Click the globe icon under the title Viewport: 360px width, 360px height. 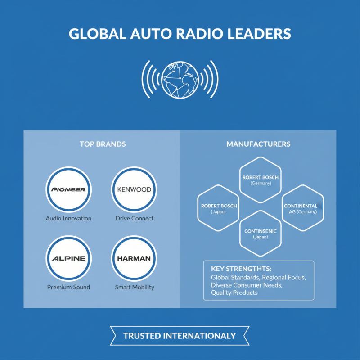[x=180, y=79]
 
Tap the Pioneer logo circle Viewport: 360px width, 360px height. [x=69, y=189]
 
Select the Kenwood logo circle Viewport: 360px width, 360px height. [x=134, y=189]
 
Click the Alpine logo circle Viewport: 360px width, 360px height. [x=69, y=258]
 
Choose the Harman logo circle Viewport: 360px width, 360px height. [x=134, y=258]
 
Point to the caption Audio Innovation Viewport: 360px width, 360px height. [x=68, y=218]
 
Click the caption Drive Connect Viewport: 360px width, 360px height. [x=134, y=218]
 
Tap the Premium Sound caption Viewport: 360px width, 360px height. [x=68, y=287]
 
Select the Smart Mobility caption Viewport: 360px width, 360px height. [x=134, y=287]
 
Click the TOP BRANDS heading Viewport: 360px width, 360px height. [x=103, y=144]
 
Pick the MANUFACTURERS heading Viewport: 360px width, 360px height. [x=258, y=144]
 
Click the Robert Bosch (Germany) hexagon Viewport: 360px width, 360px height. [x=260, y=180]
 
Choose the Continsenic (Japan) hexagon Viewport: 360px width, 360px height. [x=260, y=234]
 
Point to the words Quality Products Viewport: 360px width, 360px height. [x=234, y=292]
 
